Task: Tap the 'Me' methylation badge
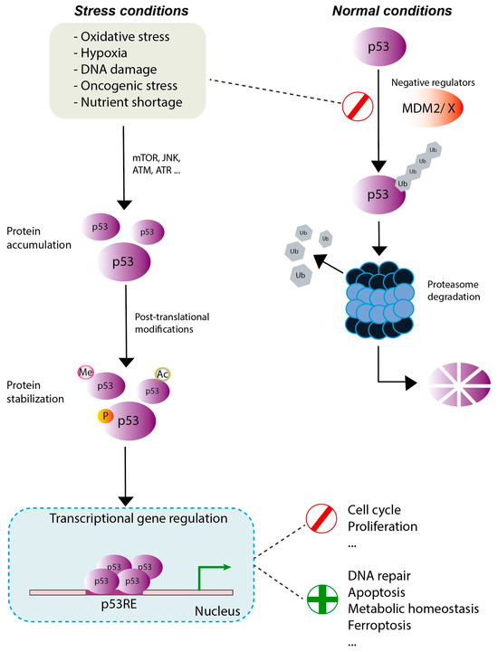85,373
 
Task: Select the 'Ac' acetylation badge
162,374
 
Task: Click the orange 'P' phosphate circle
105,415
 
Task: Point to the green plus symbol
322,600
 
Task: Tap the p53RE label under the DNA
119,603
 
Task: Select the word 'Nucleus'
217,610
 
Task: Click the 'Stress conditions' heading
131,11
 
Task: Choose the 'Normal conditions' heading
392,11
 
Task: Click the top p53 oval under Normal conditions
379,46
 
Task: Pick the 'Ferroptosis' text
379,625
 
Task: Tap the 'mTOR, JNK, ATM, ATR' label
157,164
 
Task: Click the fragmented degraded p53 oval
459,384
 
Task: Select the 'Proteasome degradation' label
454,290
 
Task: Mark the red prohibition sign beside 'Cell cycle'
321,518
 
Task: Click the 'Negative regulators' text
433,83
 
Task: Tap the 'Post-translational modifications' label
172,323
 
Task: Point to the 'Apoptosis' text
377,592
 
